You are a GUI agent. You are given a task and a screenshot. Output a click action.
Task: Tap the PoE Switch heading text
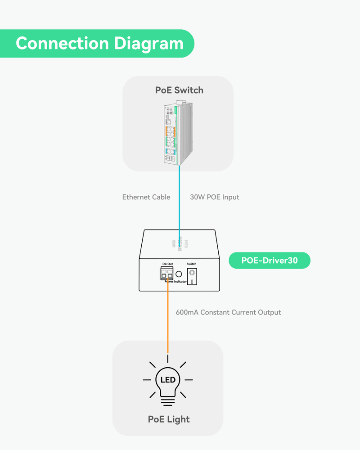pyautogui.click(x=179, y=90)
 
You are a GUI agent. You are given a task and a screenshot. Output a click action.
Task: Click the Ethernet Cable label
pyautogui.click(x=146, y=197)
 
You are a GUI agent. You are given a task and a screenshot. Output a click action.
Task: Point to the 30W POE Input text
pyautogui.click(x=215, y=197)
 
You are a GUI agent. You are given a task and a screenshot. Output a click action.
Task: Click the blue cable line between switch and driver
pyautogui.click(x=180, y=198)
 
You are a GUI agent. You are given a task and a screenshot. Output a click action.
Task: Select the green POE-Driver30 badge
pyautogui.click(x=270, y=261)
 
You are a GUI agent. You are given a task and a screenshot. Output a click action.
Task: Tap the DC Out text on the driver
pyautogui.click(x=167, y=264)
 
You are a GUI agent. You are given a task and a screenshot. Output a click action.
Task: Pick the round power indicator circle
pyautogui.click(x=179, y=274)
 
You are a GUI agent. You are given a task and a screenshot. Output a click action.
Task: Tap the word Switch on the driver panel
pyautogui.click(x=192, y=264)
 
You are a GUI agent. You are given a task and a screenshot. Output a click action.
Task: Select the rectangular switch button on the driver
pyautogui.click(x=192, y=277)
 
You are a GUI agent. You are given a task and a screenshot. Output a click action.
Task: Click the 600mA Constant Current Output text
pyautogui.click(x=228, y=312)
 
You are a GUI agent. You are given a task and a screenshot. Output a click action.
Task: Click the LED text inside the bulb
pyautogui.click(x=168, y=380)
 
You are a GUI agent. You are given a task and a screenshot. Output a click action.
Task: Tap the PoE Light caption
pyautogui.click(x=169, y=419)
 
